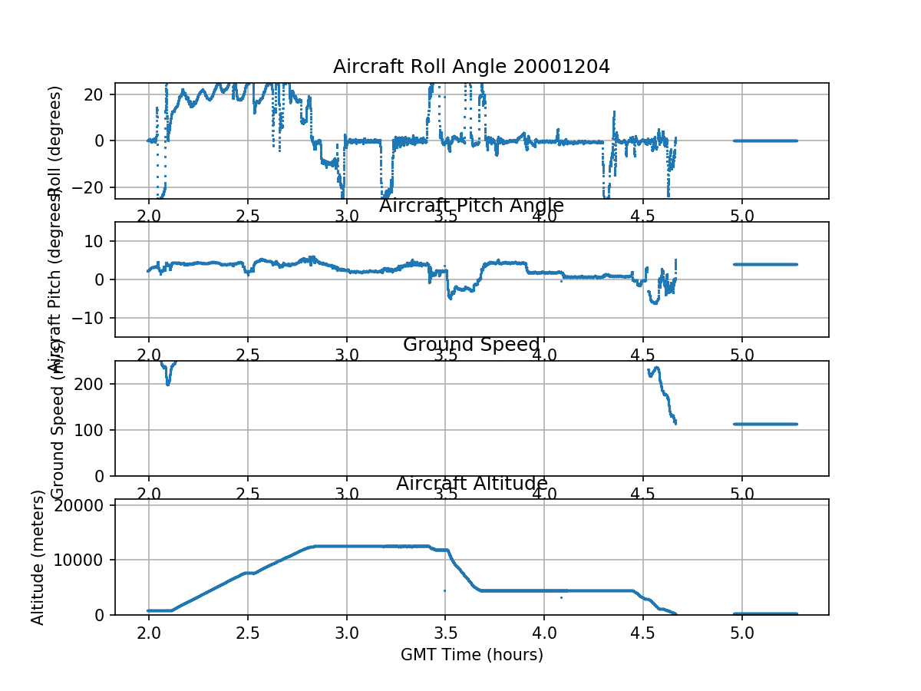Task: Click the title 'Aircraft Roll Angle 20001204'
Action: [x=471, y=67]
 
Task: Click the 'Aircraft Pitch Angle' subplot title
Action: [x=471, y=206]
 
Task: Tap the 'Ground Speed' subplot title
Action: [x=471, y=345]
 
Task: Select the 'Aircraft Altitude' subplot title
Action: [x=471, y=484]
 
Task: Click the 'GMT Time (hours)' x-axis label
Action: [x=471, y=655]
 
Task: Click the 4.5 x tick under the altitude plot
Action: [x=642, y=633]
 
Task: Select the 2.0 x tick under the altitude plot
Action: [x=149, y=633]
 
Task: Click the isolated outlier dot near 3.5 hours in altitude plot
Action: [x=444, y=590]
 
